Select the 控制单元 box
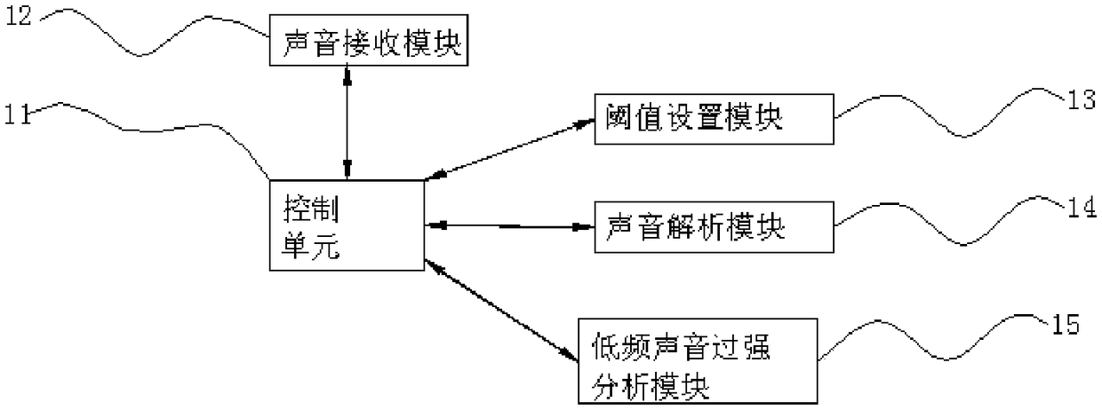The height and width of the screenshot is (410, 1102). pos(347,225)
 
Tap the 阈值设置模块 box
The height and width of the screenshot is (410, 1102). pos(715,119)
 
